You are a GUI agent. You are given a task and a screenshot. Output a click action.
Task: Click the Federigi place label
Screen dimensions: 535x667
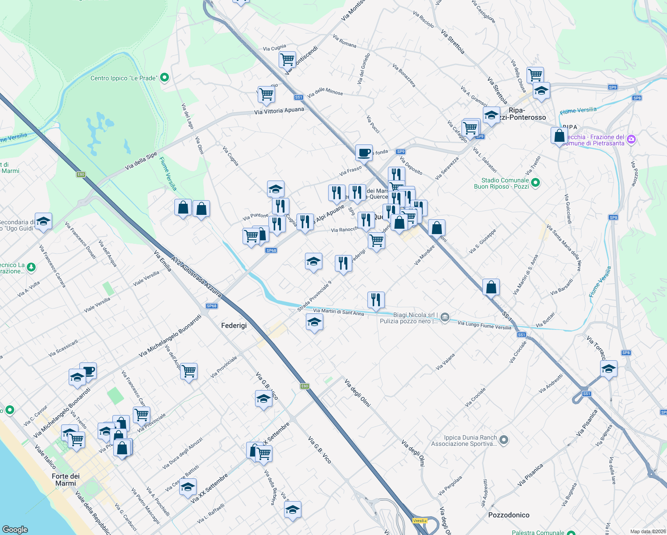234,325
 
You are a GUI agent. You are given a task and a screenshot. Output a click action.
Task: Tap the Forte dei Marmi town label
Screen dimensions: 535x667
66,480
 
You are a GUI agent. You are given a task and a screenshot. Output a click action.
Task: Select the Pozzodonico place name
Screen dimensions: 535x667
509,515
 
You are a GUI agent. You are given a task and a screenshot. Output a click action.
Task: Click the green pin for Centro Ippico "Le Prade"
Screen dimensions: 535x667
165,78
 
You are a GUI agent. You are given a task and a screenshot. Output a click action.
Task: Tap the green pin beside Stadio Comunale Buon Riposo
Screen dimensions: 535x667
536,182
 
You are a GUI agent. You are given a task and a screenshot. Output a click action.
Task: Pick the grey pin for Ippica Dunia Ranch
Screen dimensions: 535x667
504,440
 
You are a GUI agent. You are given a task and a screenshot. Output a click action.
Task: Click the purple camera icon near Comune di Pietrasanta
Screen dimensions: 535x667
631,140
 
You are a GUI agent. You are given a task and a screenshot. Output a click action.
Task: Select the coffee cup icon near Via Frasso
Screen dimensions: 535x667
364,152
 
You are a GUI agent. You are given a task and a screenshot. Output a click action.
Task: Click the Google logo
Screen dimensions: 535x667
15,529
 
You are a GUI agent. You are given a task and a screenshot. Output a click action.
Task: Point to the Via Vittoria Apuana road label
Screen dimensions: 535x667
279,111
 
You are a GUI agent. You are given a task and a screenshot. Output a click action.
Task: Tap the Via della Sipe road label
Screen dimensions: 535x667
141,161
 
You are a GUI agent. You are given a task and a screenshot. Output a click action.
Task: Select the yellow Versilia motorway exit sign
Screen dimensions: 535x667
420,521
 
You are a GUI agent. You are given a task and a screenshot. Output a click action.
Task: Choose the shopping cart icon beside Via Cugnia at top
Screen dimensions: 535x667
287,58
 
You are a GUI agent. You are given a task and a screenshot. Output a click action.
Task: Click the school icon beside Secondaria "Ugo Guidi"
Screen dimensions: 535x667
43,221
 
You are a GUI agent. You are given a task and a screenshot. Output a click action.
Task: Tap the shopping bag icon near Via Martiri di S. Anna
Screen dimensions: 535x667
491,287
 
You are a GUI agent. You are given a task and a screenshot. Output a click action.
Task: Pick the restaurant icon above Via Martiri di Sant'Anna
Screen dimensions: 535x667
376,300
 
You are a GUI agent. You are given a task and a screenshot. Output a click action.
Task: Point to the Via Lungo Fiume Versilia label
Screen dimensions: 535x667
484,325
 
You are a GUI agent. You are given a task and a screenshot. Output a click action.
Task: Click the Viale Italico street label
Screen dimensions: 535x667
45,456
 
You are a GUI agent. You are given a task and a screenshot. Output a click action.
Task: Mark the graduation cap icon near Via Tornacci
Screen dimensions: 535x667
609,369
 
